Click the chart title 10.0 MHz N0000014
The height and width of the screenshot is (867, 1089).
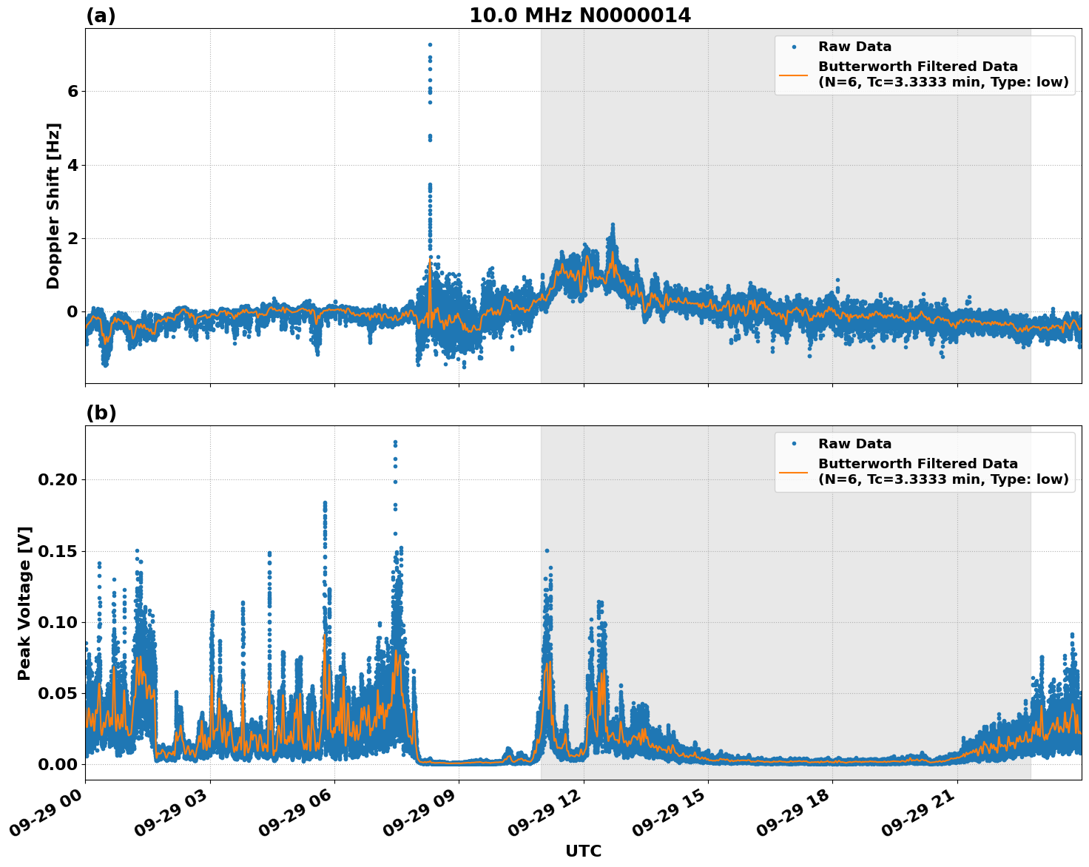580,16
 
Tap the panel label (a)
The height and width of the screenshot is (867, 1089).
101,16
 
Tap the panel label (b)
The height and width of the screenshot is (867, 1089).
101,413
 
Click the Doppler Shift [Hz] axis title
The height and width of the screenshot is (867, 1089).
53,206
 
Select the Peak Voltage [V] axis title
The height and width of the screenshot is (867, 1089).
24,603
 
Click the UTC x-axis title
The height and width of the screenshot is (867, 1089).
583,851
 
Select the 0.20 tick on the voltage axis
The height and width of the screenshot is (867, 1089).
58,479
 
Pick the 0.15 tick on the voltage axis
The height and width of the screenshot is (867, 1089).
58,551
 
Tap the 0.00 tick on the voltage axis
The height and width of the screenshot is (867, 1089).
58,764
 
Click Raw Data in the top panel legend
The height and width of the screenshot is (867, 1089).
854,47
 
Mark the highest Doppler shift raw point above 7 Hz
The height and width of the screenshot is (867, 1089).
430,44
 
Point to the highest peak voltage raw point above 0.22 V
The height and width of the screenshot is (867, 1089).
395,442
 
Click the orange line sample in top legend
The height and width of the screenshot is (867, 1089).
794,74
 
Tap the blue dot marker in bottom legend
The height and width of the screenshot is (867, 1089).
794,444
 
